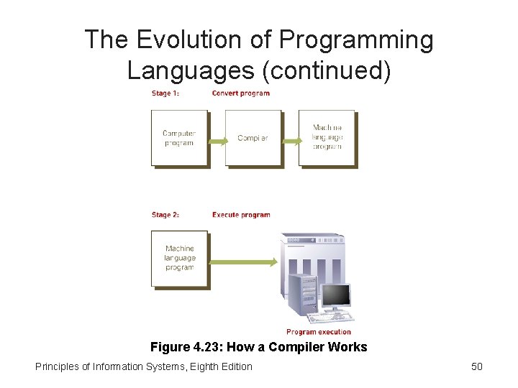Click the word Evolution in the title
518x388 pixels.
tap(176, 40)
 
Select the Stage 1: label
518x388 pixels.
tap(165, 93)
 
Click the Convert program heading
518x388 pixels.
tap(241, 93)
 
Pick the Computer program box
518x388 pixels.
tap(179, 138)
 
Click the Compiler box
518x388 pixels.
tap(253, 138)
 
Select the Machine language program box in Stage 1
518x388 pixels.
tap(327, 138)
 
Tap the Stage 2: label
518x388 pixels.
tap(165, 215)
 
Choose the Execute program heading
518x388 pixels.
tap(241, 215)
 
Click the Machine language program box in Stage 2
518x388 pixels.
tap(179, 259)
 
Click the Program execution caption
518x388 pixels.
tap(319, 332)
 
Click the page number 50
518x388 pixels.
tap(476, 366)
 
